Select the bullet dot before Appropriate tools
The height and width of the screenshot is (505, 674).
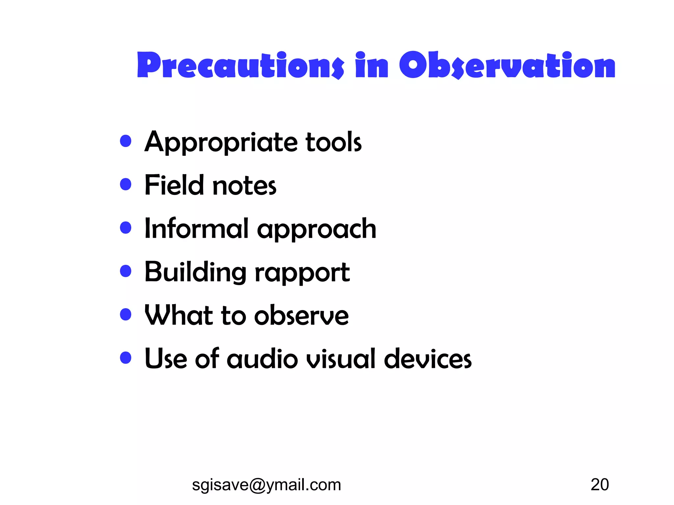pos(126,141)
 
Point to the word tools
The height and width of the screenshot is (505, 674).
pos(333,142)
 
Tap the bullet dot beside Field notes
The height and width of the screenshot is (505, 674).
pos(126,184)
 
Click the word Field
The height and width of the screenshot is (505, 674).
pos(174,185)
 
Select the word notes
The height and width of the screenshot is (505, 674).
pos(245,186)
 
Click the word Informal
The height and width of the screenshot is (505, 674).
pos(196,228)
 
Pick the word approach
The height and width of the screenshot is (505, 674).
pos(317,230)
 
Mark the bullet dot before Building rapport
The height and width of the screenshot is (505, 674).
pos(126,271)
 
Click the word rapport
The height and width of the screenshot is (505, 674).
pos(302,273)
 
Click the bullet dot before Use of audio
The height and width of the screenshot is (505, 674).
pos(126,357)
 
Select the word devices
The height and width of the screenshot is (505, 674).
pos(428,359)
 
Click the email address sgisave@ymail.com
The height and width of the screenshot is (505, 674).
pos(266,485)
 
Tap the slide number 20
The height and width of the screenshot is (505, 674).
pos(600,485)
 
